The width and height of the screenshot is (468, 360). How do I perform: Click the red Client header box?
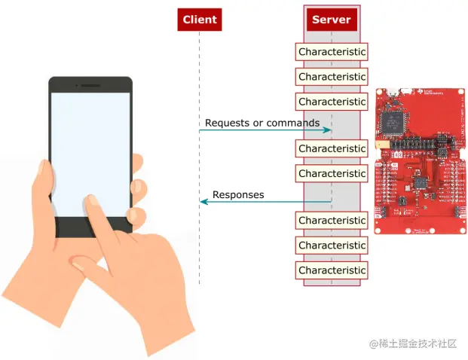click(200, 20)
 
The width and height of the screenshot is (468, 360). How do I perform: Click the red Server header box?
click(332, 20)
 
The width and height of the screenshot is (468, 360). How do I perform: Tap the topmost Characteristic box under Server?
click(332, 52)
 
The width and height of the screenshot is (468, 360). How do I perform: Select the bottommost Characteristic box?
click(332, 270)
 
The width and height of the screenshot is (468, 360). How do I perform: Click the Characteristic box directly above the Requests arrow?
click(332, 102)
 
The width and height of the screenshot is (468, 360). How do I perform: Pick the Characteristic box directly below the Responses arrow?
click(332, 221)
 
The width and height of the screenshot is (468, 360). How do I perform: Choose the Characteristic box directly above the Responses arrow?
click(332, 174)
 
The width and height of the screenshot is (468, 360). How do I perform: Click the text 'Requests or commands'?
click(262, 123)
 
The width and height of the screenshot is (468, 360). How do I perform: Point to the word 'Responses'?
click(238, 195)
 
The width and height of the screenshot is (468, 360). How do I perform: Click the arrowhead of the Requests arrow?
click(329, 131)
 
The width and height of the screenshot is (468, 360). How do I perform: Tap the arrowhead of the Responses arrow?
click(203, 202)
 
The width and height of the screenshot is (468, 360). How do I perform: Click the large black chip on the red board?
click(395, 121)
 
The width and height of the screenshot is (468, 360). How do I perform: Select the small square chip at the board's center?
click(417, 182)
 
